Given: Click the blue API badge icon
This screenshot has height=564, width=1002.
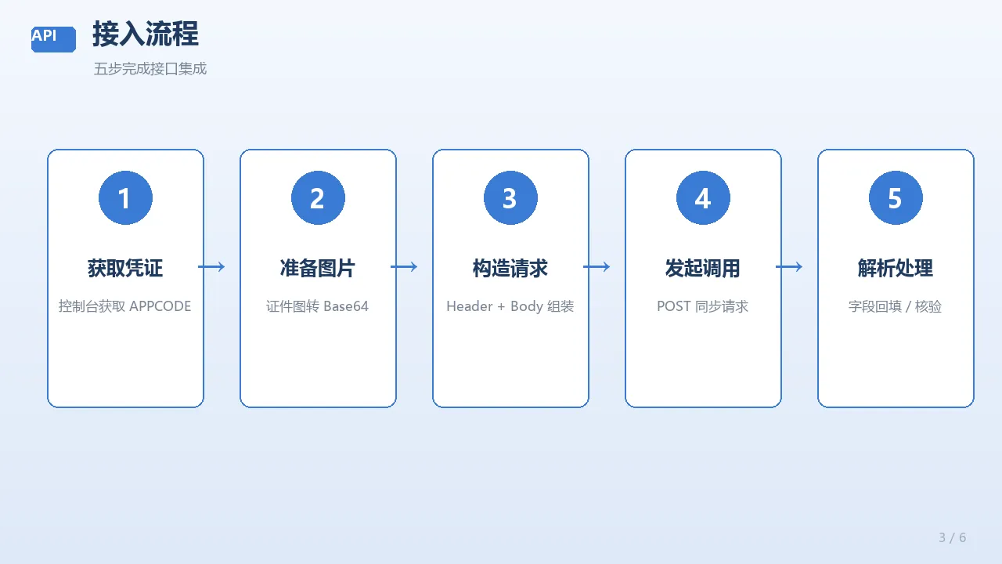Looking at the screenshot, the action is [x=53, y=39].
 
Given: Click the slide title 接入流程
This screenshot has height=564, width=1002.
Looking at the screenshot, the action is [x=146, y=34].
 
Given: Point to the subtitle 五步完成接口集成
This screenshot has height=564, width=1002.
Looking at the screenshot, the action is [x=150, y=69].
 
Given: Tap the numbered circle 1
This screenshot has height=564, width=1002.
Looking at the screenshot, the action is [x=125, y=198].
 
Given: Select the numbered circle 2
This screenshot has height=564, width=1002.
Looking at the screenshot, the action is [x=318, y=198].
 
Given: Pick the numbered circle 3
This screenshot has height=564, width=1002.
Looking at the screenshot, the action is [x=510, y=198].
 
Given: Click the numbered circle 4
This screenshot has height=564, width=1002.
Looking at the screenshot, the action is [x=703, y=198].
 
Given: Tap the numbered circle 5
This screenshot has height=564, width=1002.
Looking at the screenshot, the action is [x=896, y=198].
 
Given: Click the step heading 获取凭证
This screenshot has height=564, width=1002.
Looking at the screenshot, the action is [x=125, y=268].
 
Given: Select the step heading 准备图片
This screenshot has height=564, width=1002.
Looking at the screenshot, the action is [x=318, y=268].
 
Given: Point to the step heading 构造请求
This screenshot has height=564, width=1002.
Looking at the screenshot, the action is [x=510, y=268].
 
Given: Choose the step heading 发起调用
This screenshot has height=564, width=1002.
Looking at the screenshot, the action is [x=703, y=268].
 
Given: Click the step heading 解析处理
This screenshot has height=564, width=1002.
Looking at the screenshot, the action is [x=896, y=268].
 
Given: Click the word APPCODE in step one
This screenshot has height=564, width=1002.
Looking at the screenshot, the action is [x=160, y=306].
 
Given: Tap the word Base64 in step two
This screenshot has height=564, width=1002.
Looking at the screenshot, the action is [x=346, y=306].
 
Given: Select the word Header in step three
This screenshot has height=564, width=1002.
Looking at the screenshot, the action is [x=469, y=306].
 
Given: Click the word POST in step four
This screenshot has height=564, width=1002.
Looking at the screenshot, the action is [x=674, y=306].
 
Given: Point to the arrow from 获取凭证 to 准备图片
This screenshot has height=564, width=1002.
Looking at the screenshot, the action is [x=211, y=267].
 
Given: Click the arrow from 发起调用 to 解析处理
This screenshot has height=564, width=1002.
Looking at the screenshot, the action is [x=789, y=267].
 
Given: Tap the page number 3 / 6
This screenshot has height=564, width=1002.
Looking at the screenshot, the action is [x=953, y=537].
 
